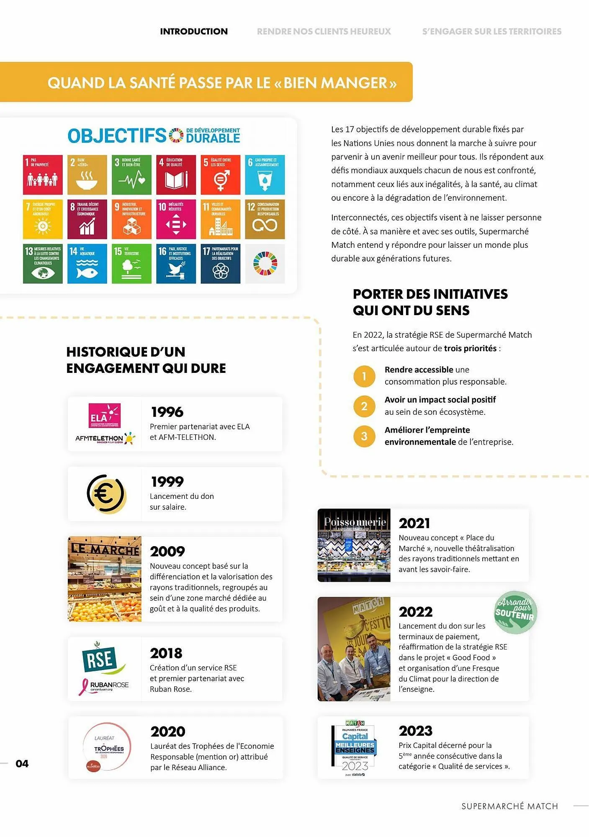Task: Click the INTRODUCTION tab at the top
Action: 194,31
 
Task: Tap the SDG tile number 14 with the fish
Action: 87,264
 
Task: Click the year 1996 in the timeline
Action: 167,412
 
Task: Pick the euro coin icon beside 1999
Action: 105,494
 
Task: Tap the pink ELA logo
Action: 104,415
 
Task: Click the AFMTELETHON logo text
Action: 100,438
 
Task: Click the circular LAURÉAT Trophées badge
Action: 107,748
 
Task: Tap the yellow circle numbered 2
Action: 364,406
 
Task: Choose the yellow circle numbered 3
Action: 364,436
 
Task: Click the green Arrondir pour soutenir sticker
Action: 515,612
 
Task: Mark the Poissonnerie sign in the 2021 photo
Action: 354,522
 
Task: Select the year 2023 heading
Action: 415,731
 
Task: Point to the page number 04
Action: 22,764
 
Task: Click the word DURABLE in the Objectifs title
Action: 213,138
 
